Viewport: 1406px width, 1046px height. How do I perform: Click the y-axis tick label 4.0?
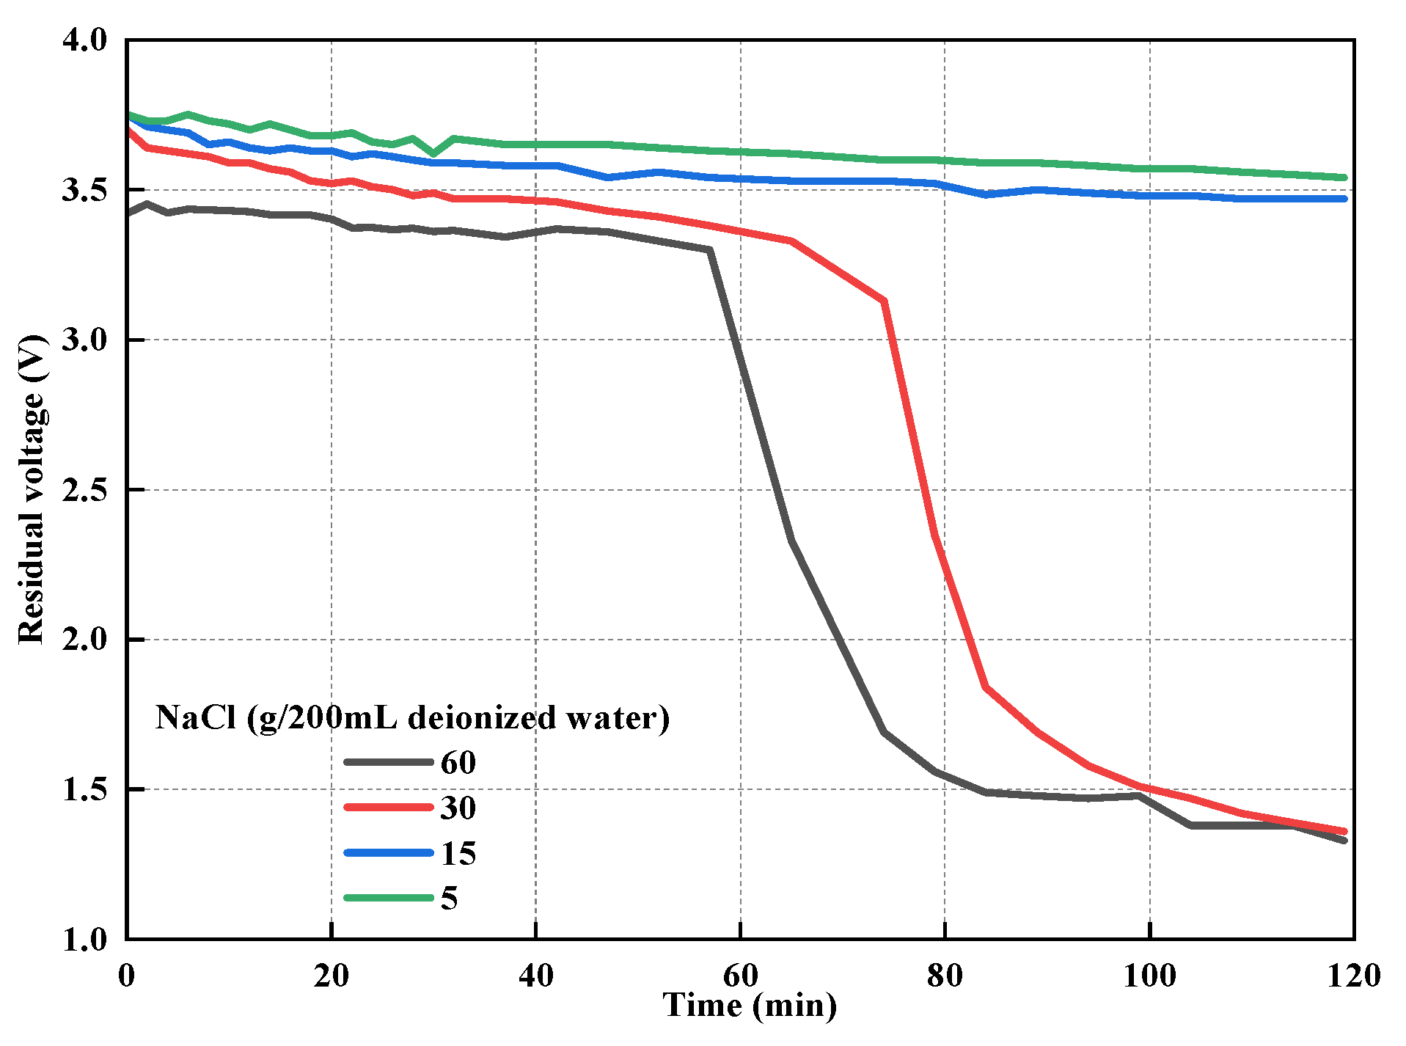coord(84,40)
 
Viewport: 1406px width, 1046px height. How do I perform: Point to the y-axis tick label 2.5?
coord(84,490)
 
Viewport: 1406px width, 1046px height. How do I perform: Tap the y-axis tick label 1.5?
coord(84,790)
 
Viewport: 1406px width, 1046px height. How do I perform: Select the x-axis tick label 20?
coord(331,976)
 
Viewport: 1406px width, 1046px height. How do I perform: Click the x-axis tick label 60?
coord(740,976)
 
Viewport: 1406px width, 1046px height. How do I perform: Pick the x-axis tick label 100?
coord(1149,976)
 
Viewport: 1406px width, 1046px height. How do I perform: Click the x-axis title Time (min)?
coord(750,1006)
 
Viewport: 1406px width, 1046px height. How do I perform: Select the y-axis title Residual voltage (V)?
coord(32,489)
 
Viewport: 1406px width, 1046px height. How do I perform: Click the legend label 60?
coord(458,764)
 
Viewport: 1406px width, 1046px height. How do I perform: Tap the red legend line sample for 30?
coord(389,808)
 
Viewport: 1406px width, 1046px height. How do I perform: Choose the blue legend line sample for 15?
coord(389,853)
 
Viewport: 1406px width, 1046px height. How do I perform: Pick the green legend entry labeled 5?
coord(449,899)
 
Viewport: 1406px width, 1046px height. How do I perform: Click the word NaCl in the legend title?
coord(196,717)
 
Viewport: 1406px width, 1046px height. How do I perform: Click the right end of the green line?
coord(1344,178)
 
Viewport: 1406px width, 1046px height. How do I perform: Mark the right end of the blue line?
coord(1344,199)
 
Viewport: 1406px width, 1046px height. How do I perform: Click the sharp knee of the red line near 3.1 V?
coord(885,301)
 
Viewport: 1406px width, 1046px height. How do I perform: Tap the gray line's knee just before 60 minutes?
coord(709,251)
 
